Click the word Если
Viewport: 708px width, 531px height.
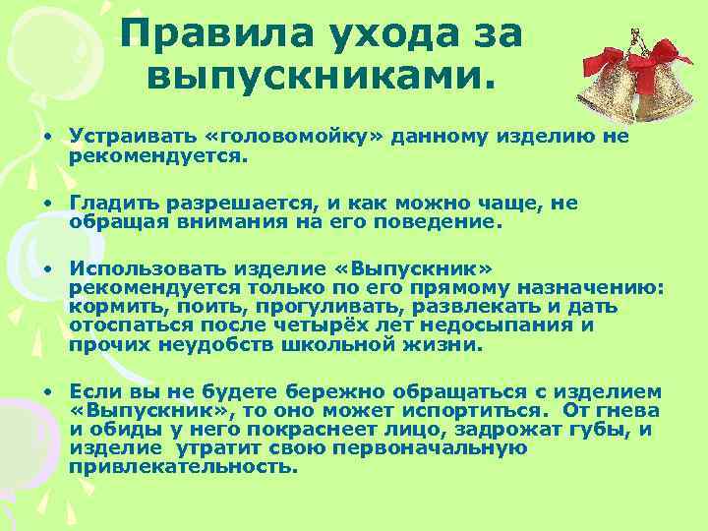(93, 390)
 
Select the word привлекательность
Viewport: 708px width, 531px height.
(181, 467)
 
